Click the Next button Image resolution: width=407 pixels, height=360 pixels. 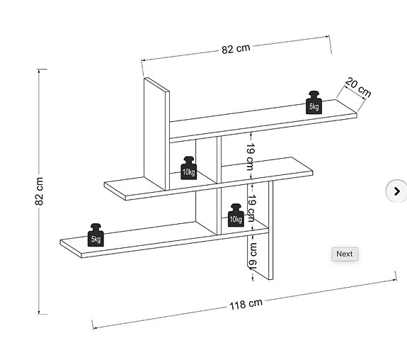click(345, 254)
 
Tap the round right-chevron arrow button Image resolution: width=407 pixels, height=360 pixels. click(396, 191)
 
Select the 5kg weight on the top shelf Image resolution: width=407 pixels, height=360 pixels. click(314, 103)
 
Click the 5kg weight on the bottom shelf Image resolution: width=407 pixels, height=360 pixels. click(96, 235)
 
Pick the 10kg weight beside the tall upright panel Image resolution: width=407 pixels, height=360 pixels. click(189, 168)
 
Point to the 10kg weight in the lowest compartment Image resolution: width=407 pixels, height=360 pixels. click(236, 215)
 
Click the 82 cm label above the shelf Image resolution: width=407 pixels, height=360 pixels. click(236, 49)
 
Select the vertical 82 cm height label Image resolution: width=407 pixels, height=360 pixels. click(39, 191)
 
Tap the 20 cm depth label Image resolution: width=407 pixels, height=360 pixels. click(358, 87)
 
